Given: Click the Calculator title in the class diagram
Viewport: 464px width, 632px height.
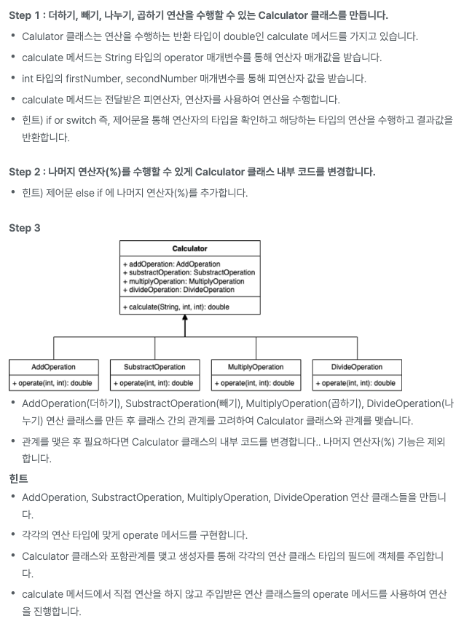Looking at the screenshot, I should pos(189,249).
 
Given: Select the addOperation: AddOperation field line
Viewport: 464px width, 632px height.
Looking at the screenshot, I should pos(170,264).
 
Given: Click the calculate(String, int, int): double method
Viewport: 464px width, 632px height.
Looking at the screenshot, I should pos(175,307).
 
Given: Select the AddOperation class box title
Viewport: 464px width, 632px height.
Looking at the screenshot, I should pos(54,367).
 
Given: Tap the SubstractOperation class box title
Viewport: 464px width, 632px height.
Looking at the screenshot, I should pos(154,367).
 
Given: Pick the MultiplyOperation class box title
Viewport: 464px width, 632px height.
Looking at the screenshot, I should pos(255,367).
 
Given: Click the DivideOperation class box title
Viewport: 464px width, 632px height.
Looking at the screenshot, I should pos(355,367).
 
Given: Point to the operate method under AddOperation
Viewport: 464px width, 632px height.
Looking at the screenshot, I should pos(54,383).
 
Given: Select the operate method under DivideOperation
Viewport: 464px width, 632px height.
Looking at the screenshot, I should pos(355,383).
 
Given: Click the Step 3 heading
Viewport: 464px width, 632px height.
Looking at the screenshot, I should pos(25,228).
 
